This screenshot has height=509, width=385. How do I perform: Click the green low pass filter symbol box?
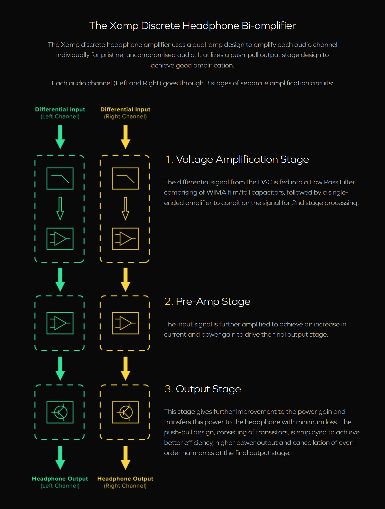(x=60, y=178)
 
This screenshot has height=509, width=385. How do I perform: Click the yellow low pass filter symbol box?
(x=125, y=178)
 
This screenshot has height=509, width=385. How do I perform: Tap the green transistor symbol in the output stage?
(x=60, y=412)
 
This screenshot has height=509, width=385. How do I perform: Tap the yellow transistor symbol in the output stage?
(x=125, y=412)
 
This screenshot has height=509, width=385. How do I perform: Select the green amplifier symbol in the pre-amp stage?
(x=60, y=323)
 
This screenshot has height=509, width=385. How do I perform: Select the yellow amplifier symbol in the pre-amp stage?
(x=125, y=323)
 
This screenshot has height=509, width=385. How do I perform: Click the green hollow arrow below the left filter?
(x=60, y=208)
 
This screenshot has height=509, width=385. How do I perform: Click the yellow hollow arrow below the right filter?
(x=125, y=208)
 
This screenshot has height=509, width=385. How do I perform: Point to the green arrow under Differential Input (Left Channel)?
(x=60, y=137)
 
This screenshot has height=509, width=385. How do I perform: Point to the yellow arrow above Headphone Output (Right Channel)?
(x=125, y=458)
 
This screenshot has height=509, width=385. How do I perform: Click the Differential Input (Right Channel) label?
(x=125, y=113)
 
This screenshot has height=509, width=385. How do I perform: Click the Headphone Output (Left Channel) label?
(x=60, y=482)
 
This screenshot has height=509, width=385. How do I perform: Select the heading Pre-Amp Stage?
(x=213, y=302)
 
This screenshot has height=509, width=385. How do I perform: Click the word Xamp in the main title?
(x=124, y=26)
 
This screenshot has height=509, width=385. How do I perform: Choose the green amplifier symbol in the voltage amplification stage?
(x=60, y=239)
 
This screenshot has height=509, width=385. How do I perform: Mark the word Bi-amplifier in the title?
(x=269, y=26)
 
